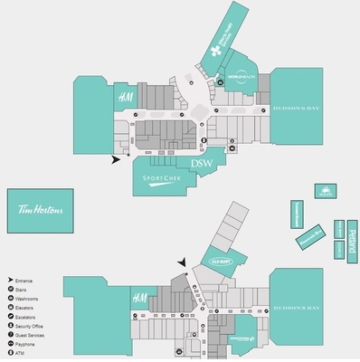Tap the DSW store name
201,163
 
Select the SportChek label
162,178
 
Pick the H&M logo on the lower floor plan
139,298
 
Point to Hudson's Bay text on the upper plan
296,105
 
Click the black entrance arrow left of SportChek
115,160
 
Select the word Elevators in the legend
29,309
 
